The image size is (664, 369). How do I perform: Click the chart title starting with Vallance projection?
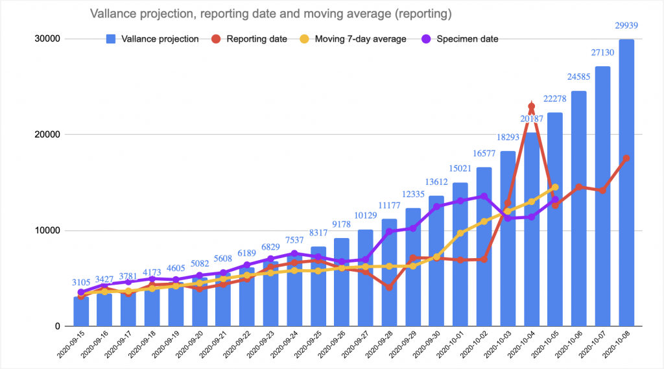270,14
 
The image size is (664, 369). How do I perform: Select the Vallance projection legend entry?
152,39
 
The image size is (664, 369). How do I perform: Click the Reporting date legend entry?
249,39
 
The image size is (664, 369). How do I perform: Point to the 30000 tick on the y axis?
47,39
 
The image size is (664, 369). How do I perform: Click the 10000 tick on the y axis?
47,231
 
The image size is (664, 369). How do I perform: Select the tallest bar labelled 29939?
626,182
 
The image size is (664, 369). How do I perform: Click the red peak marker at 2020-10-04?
531,106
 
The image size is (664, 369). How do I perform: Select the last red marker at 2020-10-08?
626,158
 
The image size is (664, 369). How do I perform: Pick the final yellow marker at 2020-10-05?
555,187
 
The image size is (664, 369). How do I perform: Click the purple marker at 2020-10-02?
484,196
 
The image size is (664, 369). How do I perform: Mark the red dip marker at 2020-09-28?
389,287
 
